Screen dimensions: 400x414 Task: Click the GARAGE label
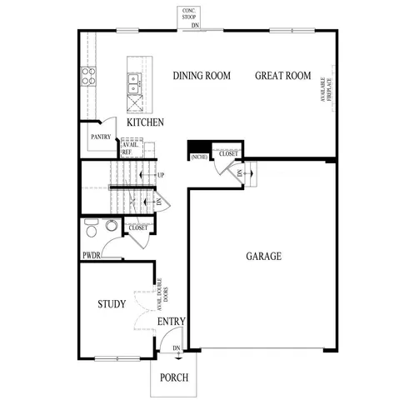tap(263, 256)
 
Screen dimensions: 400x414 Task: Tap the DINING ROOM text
tap(202, 76)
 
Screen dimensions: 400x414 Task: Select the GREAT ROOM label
tap(283, 76)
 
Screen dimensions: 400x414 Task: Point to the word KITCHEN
tap(145, 122)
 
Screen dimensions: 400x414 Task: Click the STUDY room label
tap(111, 304)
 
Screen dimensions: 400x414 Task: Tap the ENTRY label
tap(171, 322)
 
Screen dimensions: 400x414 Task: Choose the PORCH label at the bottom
tap(174, 377)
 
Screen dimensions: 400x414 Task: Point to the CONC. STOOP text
tap(190, 15)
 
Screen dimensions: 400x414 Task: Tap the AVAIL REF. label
tap(130, 147)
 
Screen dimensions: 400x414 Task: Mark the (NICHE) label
tap(198, 157)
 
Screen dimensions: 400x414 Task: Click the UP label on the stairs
tap(159, 175)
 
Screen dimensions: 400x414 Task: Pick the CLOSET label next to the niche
tap(227, 154)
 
